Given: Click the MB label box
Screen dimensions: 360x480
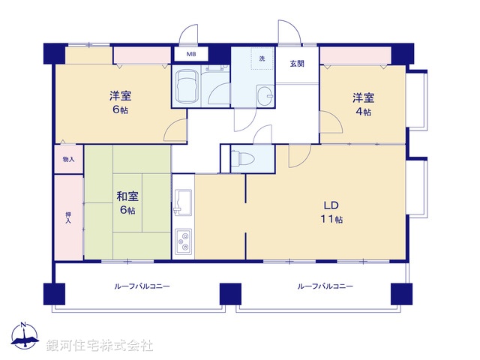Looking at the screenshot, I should click(x=190, y=54).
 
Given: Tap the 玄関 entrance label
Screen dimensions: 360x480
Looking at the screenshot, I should click(x=297, y=64).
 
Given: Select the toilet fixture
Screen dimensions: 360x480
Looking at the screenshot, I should click(x=244, y=159).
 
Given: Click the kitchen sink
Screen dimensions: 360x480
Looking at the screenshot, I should click(x=184, y=202).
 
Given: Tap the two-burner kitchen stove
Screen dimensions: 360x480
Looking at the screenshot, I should click(x=184, y=241).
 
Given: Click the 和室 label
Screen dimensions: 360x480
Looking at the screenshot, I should click(x=127, y=196).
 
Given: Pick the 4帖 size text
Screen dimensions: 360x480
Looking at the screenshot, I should click(x=364, y=112).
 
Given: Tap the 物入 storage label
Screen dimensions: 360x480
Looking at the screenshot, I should click(x=68, y=160).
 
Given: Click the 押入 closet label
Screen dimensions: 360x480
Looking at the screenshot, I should click(x=68, y=217).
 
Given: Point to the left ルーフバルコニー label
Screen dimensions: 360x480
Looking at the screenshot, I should click(x=142, y=286).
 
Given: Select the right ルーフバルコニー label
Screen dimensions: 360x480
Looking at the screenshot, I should click(x=325, y=286).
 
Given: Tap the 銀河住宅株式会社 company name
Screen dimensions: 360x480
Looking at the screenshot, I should click(x=100, y=346).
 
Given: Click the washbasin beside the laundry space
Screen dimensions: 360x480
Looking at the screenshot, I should click(x=265, y=96).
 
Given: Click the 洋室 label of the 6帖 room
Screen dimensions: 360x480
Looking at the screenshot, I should click(x=121, y=96).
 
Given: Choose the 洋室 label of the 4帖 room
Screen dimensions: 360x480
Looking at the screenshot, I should click(x=364, y=97).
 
